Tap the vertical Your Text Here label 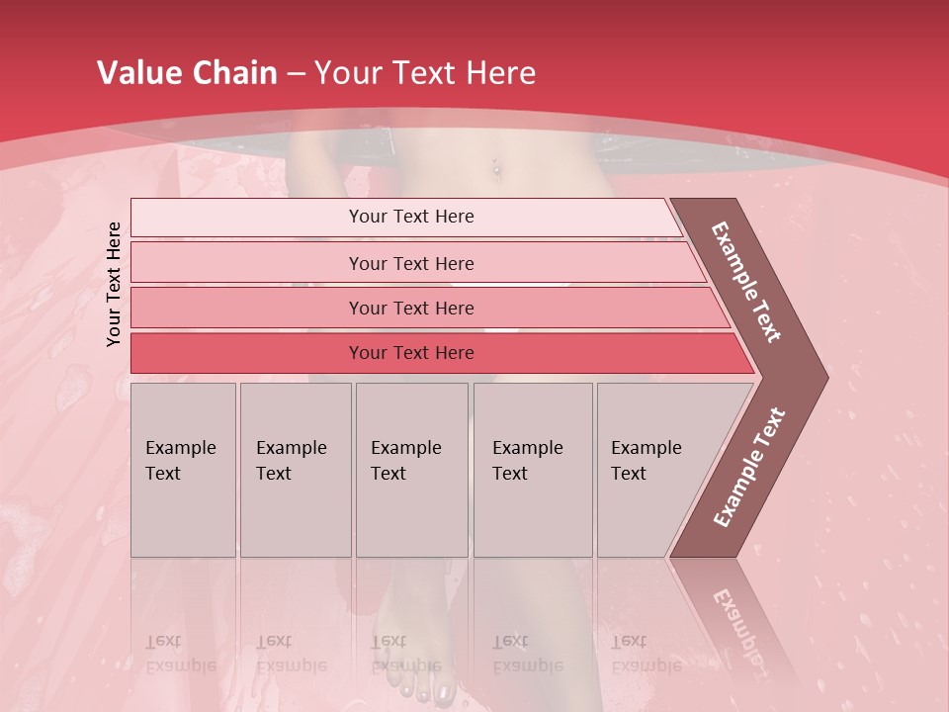tap(114, 284)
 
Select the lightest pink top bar tap(405, 217)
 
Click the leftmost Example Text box tap(183, 469)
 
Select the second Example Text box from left tap(296, 469)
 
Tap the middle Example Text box tap(411, 469)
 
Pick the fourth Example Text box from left tap(533, 469)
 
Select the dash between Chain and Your tap(296, 74)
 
